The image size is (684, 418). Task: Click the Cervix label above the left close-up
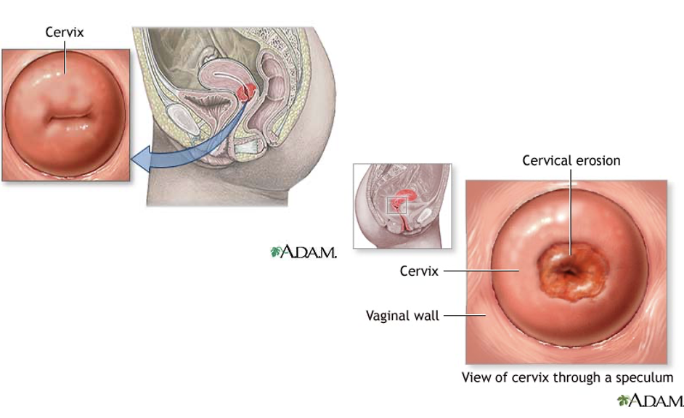coord(65,33)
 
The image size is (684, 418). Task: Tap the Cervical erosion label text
coord(571,160)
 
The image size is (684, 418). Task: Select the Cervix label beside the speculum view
coord(419,271)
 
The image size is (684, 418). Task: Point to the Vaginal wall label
coord(402,316)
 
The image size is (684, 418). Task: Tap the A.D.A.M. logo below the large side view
coord(304,252)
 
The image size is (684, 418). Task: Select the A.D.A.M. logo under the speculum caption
coord(650,401)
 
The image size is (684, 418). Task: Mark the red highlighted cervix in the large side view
coord(248,92)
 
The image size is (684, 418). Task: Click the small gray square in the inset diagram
coord(396,205)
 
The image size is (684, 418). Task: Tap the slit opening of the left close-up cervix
coord(65,116)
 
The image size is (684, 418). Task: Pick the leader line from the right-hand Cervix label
coord(479,271)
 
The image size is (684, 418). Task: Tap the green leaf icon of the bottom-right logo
coord(622,401)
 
